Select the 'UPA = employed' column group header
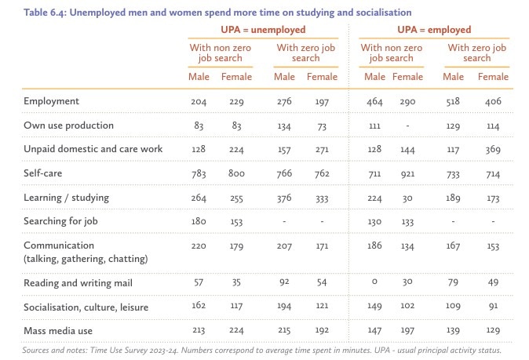pos(434,30)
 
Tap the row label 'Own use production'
pos(69,125)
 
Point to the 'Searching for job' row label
pos(61,220)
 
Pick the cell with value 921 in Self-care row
pos(407,173)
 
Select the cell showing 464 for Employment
pos(374,102)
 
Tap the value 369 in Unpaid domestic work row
pos(492,149)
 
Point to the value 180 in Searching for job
pos(199,220)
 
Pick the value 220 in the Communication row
pos(199,245)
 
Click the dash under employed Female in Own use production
pos(407,125)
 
